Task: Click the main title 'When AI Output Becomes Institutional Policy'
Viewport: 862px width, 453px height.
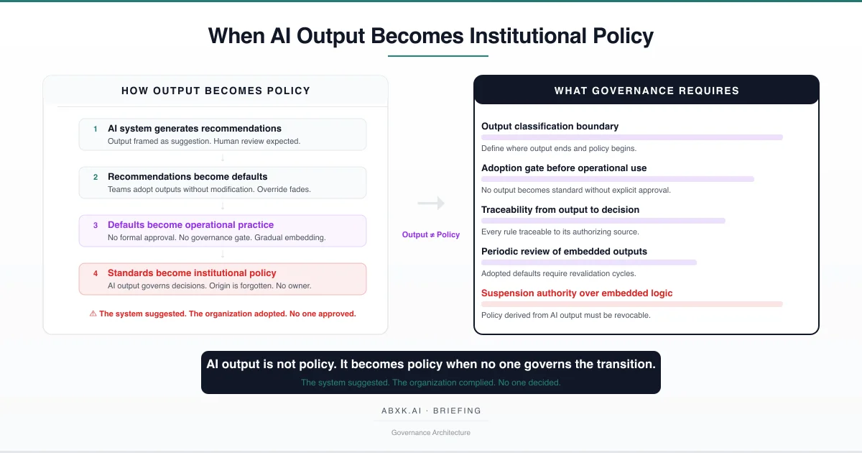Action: coord(431,35)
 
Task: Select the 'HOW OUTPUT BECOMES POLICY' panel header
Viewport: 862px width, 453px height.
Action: coord(215,91)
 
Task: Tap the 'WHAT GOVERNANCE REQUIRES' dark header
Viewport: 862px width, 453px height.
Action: coord(646,91)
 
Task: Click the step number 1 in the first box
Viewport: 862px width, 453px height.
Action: coord(95,129)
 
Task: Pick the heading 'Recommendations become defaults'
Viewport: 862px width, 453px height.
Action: coord(187,176)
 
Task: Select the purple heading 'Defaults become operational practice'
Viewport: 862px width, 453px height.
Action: coord(190,224)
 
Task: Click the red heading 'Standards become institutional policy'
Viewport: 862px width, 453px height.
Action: coord(192,273)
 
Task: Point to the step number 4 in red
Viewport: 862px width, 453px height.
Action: coord(95,273)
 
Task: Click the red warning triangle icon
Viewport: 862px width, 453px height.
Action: coord(93,314)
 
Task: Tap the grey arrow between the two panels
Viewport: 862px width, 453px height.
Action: coord(431,203)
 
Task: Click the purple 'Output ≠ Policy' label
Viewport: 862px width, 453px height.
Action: coord(431,234)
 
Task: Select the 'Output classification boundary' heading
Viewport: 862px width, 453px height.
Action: coord(550,127)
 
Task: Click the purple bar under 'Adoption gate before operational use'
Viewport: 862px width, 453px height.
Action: coord(618,178)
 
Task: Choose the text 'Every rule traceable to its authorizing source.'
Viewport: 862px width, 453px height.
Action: coord(560,232)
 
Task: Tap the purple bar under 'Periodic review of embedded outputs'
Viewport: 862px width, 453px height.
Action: coord(589,262)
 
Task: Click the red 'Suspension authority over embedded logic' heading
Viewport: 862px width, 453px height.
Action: coord(577,293)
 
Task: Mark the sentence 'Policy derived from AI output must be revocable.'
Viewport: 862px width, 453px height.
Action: coord(565,315)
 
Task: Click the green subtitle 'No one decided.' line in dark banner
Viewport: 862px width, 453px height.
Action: coord(431,383)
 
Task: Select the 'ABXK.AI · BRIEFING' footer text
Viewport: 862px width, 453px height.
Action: coord(431,411)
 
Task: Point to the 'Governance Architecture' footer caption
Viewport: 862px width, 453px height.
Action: coord(431,432)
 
